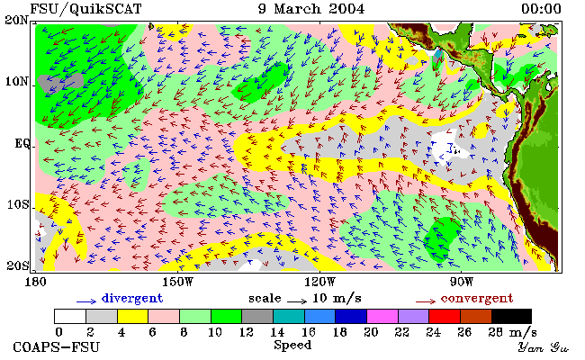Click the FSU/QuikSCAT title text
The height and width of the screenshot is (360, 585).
coord(85,9)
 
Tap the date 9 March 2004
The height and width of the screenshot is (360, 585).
coord(311,9)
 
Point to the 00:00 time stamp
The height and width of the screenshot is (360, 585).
coord(541,9)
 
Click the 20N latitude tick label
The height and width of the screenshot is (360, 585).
coord(17,20)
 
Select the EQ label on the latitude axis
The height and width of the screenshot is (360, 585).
coord(22,143)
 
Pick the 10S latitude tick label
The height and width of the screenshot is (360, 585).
coord(17,205)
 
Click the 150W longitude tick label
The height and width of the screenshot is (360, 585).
coord(178,282)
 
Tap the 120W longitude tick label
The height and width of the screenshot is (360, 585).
coord(319,282)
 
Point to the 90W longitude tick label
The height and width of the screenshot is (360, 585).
coord(462,282)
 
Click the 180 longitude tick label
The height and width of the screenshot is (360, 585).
coord(35,282)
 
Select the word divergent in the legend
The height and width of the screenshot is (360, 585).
coord(132,299)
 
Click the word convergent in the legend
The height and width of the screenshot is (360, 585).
coord(477,299)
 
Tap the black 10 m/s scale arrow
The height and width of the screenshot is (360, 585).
coord(297,301)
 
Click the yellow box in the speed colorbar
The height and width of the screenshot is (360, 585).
coord(133,316)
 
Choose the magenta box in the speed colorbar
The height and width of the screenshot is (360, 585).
coord(382,316)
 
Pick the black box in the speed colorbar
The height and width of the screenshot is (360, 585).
coord(511,316)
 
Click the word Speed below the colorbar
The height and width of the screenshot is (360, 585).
coord(292,346)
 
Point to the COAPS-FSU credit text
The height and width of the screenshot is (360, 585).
coord(57,347)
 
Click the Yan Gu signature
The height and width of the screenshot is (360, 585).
coord(544,348)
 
